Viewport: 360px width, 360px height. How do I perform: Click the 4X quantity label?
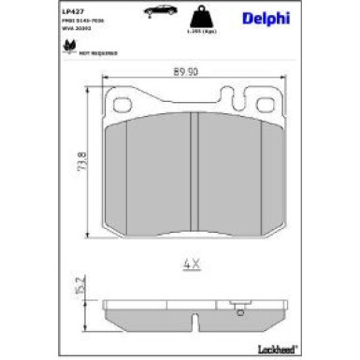(x=191, y=264)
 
